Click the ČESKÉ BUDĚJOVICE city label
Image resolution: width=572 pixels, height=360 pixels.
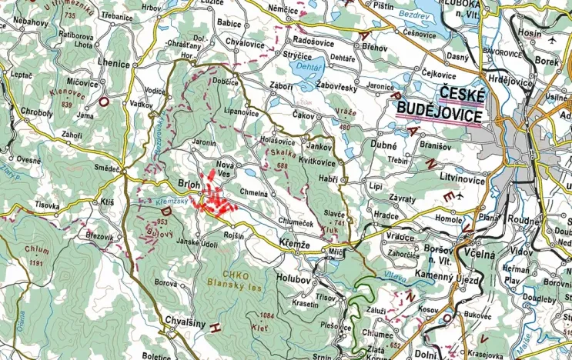click(440, 105)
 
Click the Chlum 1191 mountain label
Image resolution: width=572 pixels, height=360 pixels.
click(36, 254)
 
